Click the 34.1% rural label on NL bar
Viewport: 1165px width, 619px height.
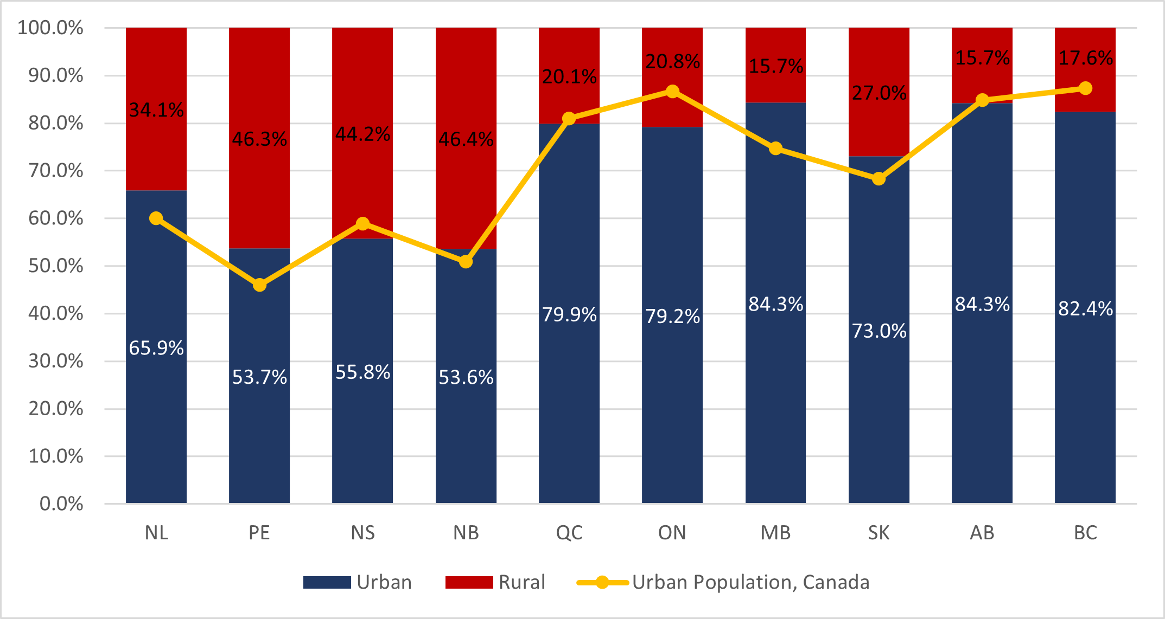(x=156, y=110)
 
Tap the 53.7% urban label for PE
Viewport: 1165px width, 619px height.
(x=259, y=377)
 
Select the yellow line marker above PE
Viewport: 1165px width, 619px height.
(x=259, y=285)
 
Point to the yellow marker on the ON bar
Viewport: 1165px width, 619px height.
(x=672, y=91)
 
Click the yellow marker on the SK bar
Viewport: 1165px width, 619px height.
(x=878, y=179)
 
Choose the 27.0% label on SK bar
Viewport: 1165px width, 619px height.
(x=878, y=93)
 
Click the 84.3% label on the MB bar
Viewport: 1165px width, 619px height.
(x=775, y=304)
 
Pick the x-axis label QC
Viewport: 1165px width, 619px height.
(x=569, y=533)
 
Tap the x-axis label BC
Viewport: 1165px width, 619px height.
(x=1085, y=533)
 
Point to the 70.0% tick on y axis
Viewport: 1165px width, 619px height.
(x=56, y=171)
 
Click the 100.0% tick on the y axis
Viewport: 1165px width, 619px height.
(x=50, y=28)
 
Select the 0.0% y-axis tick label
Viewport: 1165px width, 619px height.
(x=61, y=504)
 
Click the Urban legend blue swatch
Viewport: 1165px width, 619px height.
(x=327, y=582)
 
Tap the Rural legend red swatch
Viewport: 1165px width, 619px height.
(x=469, y=582)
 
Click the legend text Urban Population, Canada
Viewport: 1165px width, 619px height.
(x=750, y=582)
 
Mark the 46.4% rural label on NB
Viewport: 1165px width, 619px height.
(x=466, y=139)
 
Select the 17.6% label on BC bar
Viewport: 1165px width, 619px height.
(x=1085, y=58)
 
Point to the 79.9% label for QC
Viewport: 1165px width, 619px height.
(x=569, y=314)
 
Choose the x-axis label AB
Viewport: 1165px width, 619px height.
(x=982, y=533)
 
